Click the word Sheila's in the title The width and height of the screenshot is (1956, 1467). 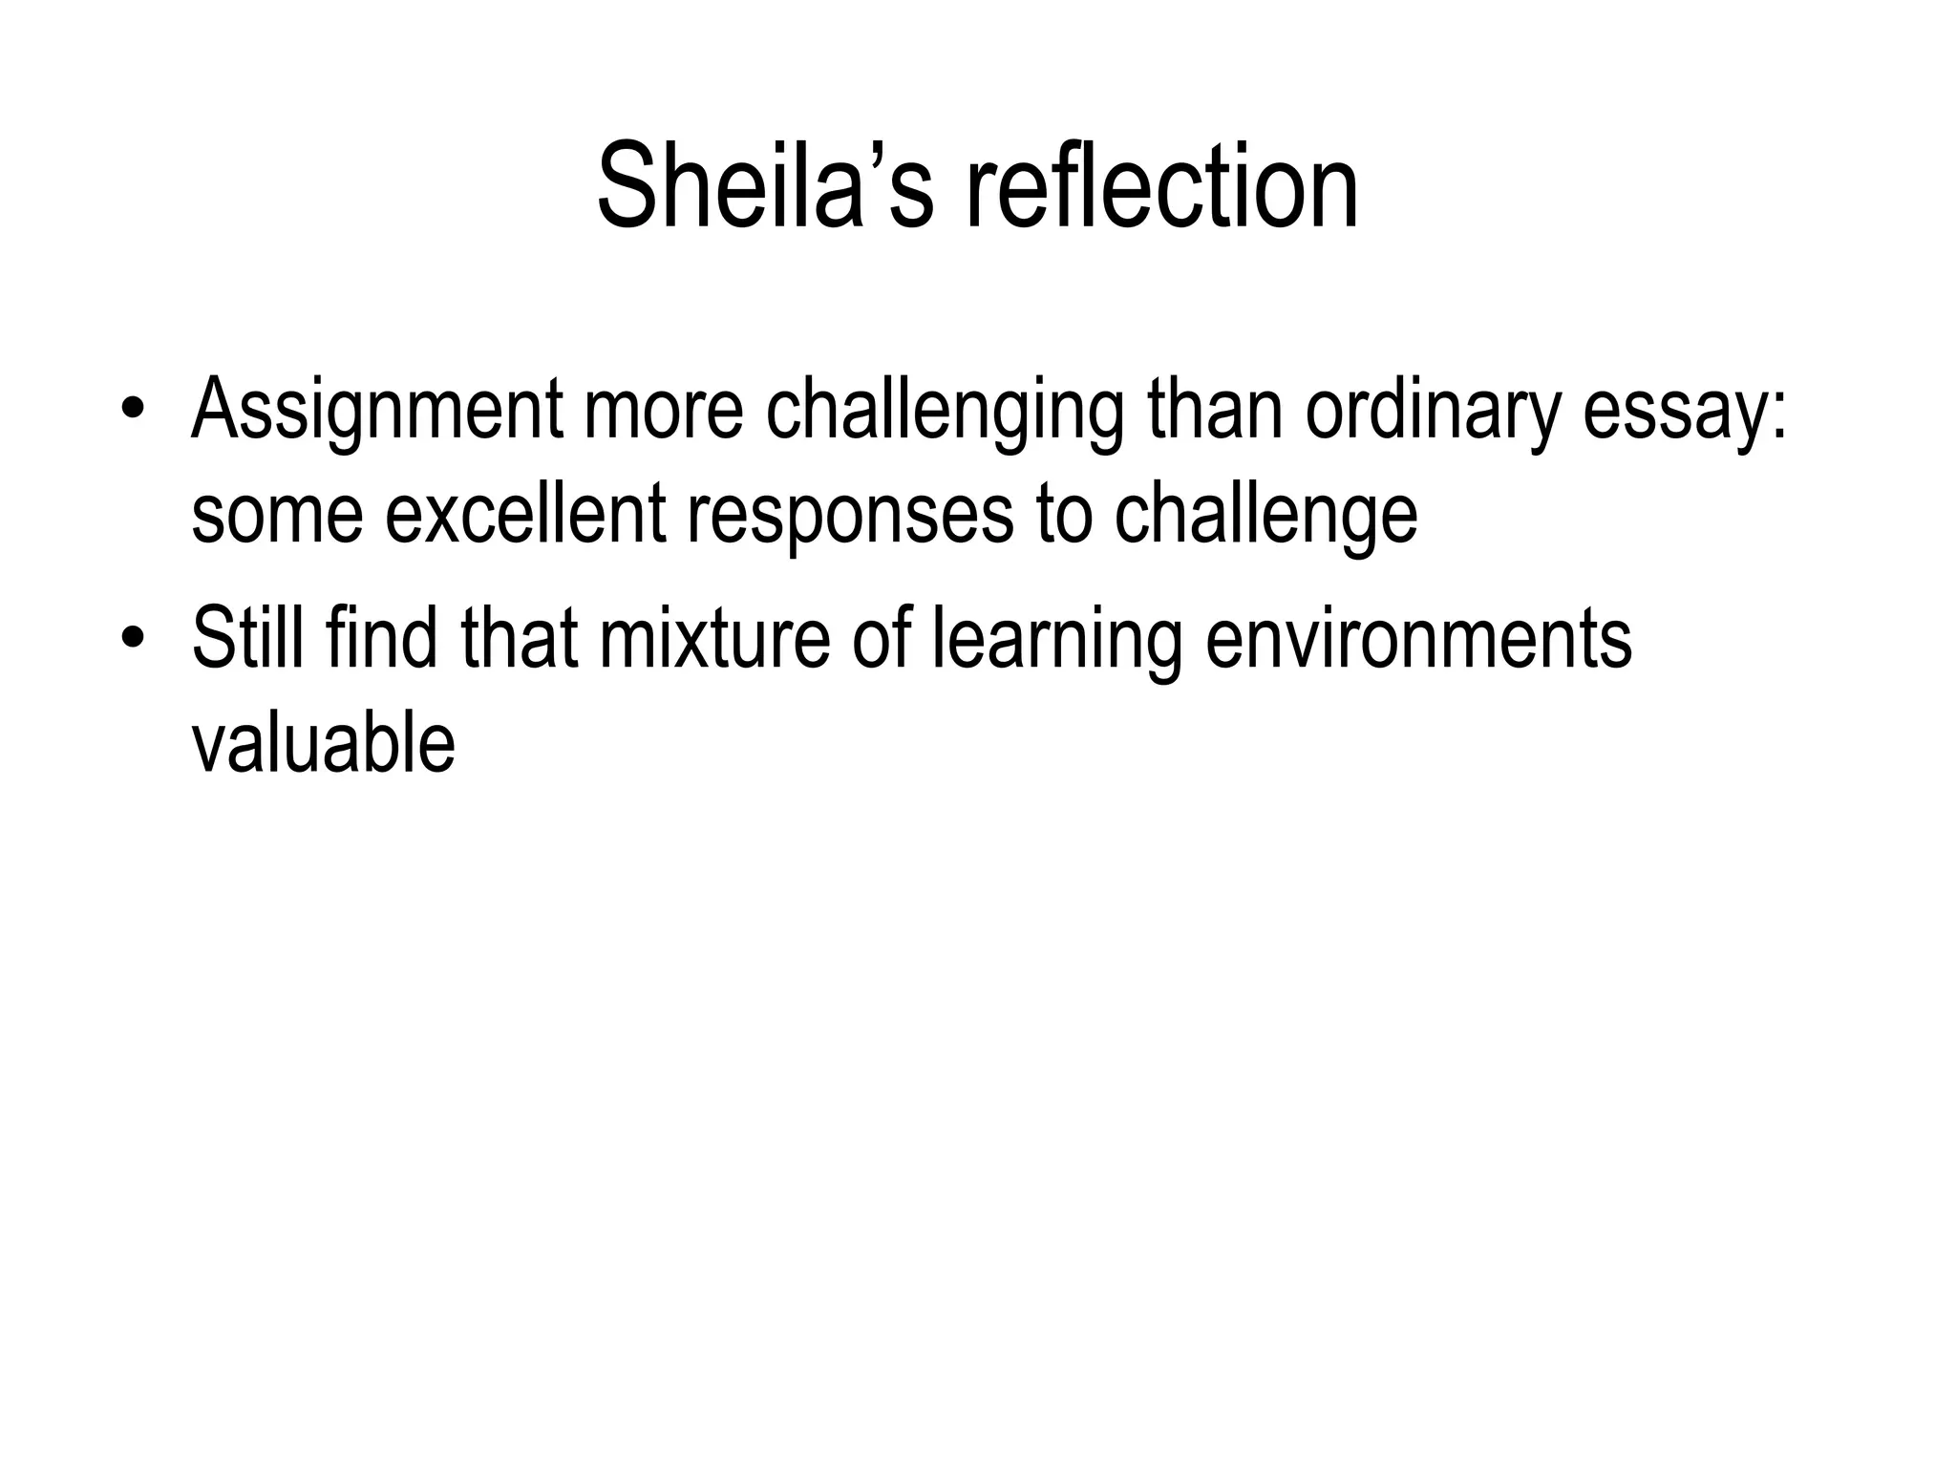(764, 186)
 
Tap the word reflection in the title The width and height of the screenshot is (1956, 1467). (1162, 186)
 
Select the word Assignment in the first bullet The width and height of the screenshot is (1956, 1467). (377, 411)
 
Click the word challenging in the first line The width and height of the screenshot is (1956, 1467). (946, 411)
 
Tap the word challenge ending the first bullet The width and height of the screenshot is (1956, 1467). (1265, 516)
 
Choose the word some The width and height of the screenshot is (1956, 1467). (277, 516)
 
